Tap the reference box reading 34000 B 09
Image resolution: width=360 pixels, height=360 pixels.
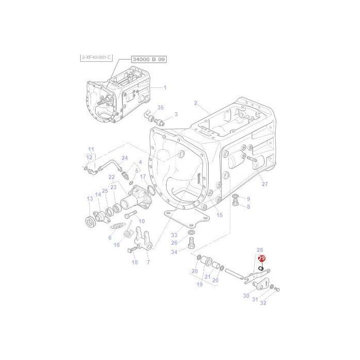click(135, 60)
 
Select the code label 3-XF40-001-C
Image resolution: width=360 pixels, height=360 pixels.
click(96, 57)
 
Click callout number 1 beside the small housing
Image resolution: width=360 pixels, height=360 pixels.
click(165, 87)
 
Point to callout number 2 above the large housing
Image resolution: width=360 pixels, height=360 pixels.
click(195, 103)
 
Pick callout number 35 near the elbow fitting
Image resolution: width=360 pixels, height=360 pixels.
click(160, 107)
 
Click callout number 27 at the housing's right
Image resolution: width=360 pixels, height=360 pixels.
click(265, 184)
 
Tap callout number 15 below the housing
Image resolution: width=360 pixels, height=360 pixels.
click(220, 215)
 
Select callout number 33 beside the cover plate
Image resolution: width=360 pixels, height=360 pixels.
click(174, 235)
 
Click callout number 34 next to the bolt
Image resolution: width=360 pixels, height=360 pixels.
click(174, 252)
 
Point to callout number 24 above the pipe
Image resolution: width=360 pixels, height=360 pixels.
click(124, 158)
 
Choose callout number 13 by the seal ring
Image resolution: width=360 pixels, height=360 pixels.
click(90, 199)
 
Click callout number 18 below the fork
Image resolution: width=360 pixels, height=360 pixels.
click(135, 262)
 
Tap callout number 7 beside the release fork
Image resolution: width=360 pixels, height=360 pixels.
click(148, 263)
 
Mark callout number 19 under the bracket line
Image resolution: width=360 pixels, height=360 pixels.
click(199, 284)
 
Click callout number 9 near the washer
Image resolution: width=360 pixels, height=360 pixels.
click(248, 199)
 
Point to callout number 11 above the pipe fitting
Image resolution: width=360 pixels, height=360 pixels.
click(91, 149)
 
